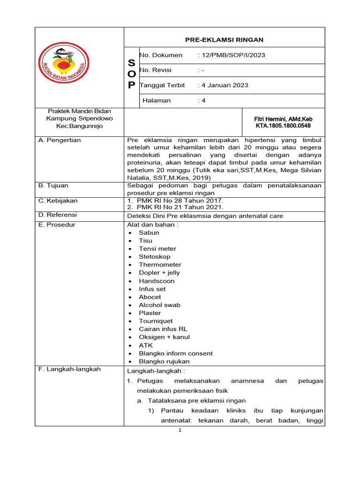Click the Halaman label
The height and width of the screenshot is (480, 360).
156,100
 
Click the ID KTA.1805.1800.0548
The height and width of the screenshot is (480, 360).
282,126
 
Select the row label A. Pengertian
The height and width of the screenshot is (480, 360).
60,140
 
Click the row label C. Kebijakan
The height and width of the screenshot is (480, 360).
58,201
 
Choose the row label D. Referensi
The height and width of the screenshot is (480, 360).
58,215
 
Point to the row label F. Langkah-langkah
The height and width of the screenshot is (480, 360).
70,369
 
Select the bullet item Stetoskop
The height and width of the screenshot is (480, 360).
155,257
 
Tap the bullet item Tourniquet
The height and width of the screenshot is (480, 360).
156,321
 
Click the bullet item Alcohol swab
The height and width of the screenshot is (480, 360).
159,305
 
